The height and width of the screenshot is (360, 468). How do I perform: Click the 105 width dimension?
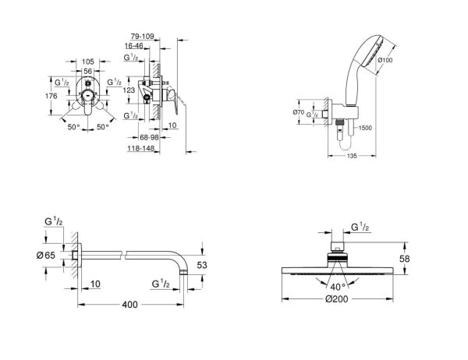click(87, 60)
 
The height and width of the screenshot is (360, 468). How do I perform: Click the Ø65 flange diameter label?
click(47, 256)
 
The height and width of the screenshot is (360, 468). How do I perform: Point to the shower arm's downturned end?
click(183, 268)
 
